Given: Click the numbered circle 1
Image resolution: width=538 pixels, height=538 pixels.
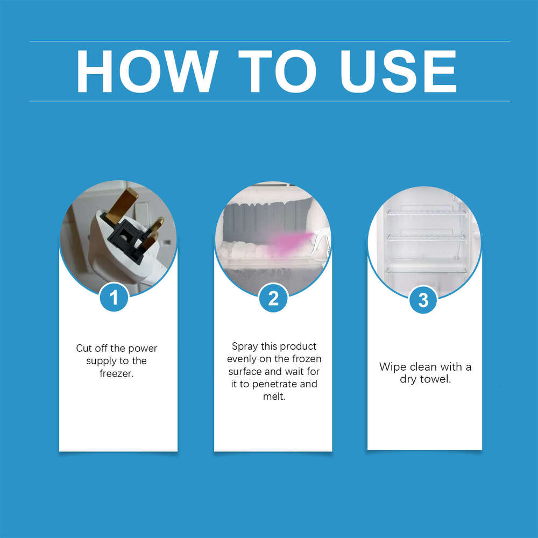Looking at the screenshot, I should (114, 297).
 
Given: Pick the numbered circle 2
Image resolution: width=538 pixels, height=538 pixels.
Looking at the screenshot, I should (273, 298).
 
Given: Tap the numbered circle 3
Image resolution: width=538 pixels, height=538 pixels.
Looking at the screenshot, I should (423, 300).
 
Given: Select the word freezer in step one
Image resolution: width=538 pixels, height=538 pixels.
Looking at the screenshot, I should (116, 373).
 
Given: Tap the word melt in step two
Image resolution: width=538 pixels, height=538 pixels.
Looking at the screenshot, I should (273, 397).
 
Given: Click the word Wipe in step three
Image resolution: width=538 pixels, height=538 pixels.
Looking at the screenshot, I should (393, 367).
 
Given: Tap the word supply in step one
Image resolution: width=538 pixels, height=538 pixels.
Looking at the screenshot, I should (101, 360).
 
